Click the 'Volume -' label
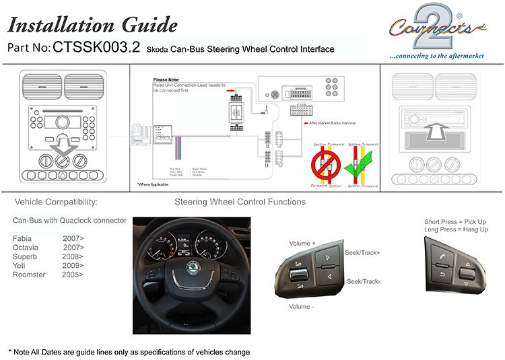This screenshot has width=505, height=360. (303, 306)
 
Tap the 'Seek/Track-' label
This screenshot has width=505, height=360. (364, 281)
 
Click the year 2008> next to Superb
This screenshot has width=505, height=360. (72, 256)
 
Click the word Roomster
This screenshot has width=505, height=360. (29, 274)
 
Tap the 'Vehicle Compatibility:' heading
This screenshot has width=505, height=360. (57, 202)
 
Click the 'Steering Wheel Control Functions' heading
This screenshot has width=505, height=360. (240, 202)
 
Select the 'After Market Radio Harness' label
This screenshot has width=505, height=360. (334, 123)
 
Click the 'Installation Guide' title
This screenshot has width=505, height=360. (92, 25)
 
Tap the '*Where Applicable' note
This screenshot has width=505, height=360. (153, 184)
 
